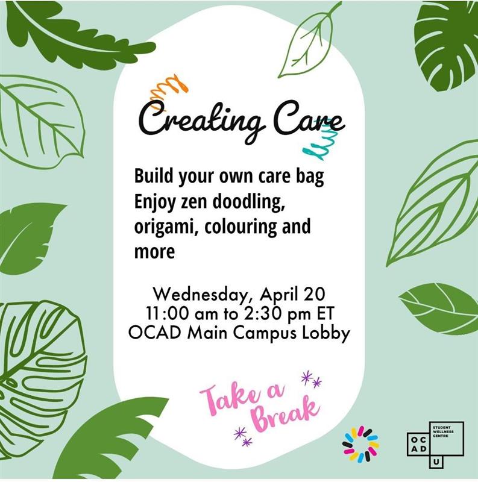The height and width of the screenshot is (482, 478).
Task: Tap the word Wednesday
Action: [203, 295]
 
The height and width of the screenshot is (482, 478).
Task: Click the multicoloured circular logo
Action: [360, 445]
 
